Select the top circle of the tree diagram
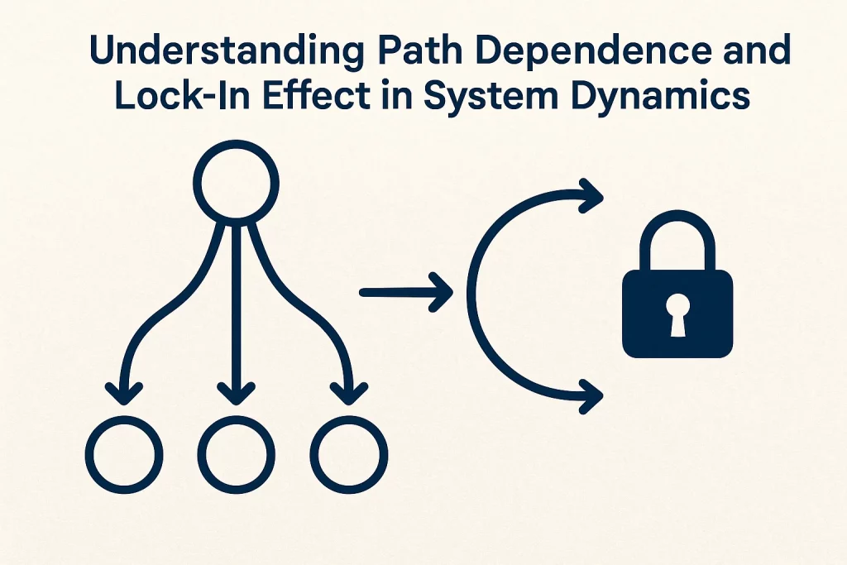point(236,184)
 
